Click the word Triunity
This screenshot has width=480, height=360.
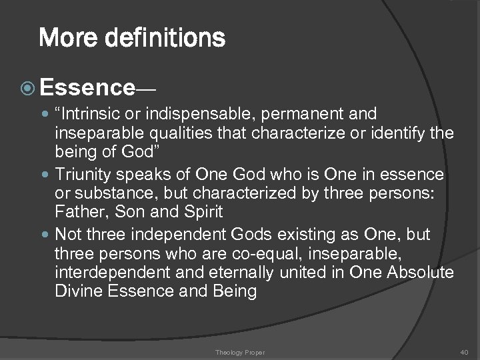82,175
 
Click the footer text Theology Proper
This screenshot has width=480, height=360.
240,352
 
